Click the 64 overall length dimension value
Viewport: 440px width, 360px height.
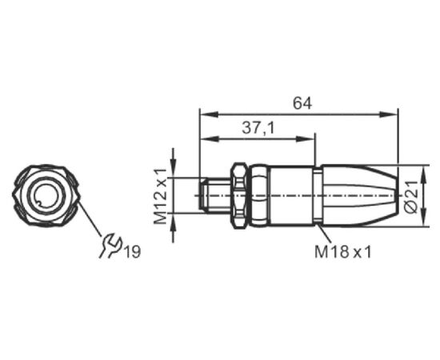(302, 103)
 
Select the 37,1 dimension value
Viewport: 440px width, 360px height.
(258, 128)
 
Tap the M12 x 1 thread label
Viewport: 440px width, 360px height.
(161, 197)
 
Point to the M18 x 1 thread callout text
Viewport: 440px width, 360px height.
(343, 252)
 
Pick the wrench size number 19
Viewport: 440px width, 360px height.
(132, 251)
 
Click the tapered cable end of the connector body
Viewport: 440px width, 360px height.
(359, 195)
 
